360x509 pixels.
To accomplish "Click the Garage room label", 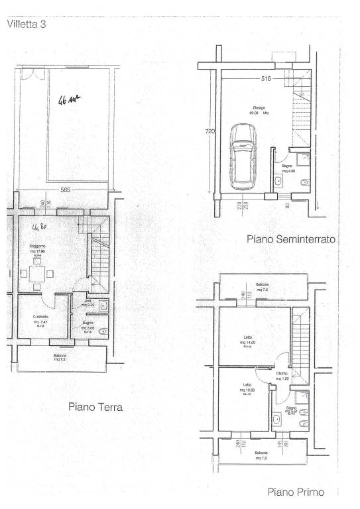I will (x=259, y=108).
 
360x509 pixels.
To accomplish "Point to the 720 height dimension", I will (x=210, y=131).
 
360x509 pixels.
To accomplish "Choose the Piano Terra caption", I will (x=95, y=408).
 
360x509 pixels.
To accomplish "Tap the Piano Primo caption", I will (x=296, y=492).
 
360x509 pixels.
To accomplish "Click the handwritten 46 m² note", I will (x=69, y=101).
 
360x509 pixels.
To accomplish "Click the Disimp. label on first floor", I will (x=282, y=374).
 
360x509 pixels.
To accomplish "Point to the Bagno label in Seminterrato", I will (x=287, y=167).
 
